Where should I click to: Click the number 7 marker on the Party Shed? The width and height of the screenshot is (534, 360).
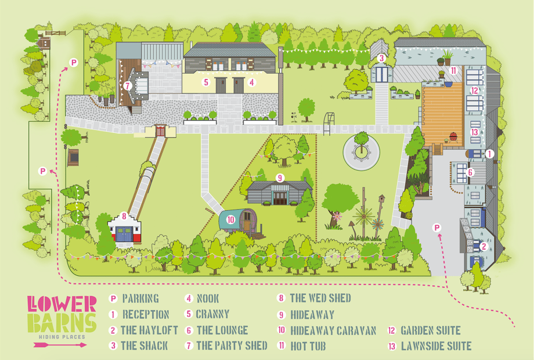pyautogui.click(x=128, y=85)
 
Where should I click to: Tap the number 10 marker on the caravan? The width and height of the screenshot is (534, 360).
pyautogui.click(x=231, y=219)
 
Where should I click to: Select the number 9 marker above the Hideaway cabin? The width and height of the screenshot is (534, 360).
pyautogui.click(x=280, y=178)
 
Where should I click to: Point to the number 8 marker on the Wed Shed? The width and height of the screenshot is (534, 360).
pyautogui.click(x=124, y=216)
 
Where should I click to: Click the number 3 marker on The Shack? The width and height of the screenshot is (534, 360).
pyautogui.click(x=381, y=58)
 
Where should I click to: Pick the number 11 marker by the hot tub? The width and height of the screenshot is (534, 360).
pyautogui.click(x=453, y=70)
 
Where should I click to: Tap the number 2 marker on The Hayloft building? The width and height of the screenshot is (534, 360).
pyautogui.click(x=484, y=246)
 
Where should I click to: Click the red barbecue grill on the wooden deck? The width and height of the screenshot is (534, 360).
pyautogui.click(x=453, y=136)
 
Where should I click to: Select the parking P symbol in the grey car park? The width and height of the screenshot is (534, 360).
pyautogui.click(x=436, y=228)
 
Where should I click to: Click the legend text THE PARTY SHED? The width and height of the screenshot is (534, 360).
pyautogui.click(x=232, y=345)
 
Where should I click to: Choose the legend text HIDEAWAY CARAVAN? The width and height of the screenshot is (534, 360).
pyautogui.click(x=333, y=330)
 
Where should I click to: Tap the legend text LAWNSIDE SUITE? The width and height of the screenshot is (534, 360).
pyautogui.click(x=436, y=346)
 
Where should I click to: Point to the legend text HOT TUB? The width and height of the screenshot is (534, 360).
pyautogui.click(x=308, y=346)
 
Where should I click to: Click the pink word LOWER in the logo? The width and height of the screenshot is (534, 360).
pyautogui.click(x=62, y=304)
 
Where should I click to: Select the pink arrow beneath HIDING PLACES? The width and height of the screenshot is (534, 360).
pyautogui.click(x=60, y=345)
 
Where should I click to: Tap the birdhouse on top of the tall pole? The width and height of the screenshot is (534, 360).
pyautogui.click(x=381, y=198)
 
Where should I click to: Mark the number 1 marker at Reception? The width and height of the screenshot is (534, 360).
pyautogui.click(x=489, y=154)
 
